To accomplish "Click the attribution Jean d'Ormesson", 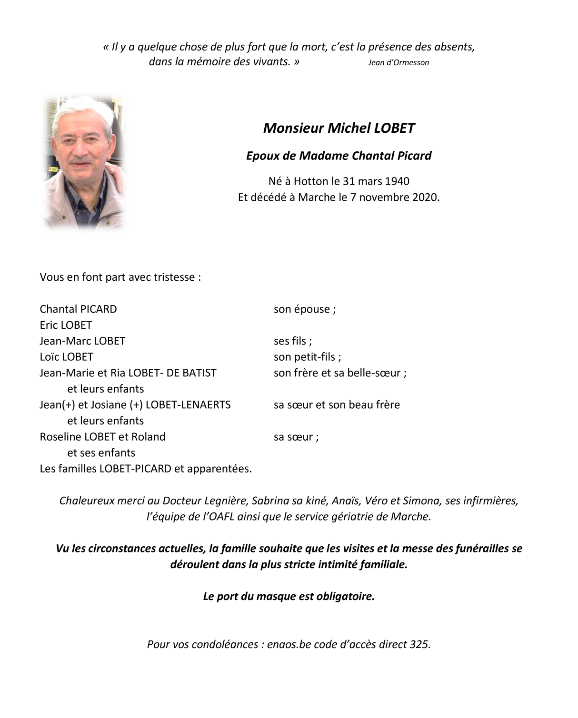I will (x=398, y=63).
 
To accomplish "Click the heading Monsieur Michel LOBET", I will (x=339, y=128).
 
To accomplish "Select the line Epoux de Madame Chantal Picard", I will (x=339, y=156).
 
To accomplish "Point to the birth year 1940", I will (x=397, y=181).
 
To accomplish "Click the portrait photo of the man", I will (x=84, y=162).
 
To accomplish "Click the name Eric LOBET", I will (x=66, y=325).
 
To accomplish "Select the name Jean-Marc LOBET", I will (x=82, y=341).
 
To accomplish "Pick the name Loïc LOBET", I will (x=66, y=357).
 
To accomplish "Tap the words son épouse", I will (x=304, y=309).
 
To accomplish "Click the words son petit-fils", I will (x=307, y=357).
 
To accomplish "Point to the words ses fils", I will (x=292, y=341).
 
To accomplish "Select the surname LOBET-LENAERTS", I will (x=188, y=405).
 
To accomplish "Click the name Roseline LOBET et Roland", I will (x=102, y=437).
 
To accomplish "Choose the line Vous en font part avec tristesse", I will (x=120, y=277).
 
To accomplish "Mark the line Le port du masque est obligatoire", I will (x=289, y=596).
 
